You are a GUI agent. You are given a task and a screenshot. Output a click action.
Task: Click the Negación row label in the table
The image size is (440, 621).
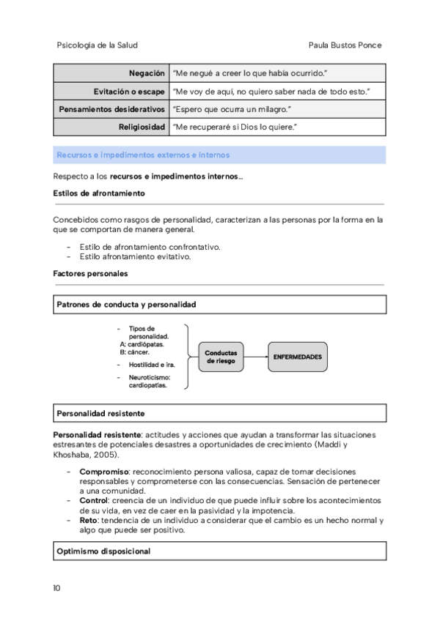[x=147, y=73]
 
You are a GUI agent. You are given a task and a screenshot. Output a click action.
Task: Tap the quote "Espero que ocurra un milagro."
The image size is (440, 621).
[x=232, y=109]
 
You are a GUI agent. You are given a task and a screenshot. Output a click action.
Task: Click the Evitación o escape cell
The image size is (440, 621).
[x=129, y=91]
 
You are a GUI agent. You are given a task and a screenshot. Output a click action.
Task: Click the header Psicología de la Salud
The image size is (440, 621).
[x=97, y=45]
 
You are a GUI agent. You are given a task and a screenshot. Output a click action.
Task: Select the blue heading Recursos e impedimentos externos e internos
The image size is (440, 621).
[x=143, y=155]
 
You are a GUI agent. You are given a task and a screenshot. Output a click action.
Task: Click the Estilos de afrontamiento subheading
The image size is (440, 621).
[x=99, y=193]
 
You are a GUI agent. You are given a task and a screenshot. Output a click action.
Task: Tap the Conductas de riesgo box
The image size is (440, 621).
[x=221, y=357]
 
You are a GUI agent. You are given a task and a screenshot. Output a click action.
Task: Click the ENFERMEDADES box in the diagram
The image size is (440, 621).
[x=297, y=357]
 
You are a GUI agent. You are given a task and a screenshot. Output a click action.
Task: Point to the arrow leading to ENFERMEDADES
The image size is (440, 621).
[x=255, y=357]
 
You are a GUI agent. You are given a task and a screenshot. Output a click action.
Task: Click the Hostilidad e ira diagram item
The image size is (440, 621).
[x=150, y=365]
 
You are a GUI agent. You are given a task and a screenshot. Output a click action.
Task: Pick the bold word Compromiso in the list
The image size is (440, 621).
[x=104, y=472]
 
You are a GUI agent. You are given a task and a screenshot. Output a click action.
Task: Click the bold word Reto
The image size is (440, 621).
[x=89, y=521]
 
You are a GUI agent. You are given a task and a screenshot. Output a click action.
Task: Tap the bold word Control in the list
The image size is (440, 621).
[x=94, y=501]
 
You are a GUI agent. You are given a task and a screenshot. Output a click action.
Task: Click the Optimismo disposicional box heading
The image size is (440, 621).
[x=103, y=551]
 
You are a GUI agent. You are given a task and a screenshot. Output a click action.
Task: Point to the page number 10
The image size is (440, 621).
[x=57, y=588]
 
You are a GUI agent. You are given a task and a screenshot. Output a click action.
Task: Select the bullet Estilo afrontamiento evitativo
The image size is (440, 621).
[x=135, y=257]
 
